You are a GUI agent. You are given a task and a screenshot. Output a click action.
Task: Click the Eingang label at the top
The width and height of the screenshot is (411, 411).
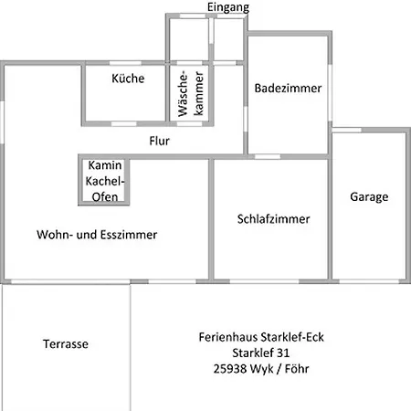[x=228, y=7]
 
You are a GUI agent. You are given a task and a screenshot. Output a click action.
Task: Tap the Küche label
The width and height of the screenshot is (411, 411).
[x=128, y=79]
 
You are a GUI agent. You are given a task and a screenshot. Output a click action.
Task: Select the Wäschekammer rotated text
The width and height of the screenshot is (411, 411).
[x=191, y=93]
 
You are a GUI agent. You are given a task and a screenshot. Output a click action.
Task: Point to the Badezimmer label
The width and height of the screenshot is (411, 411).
[x=288, y=89]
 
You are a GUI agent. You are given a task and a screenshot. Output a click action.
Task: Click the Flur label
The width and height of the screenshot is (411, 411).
[x=159, y=141]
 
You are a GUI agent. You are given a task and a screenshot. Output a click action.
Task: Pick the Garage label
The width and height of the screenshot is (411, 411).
[x=369, y=197]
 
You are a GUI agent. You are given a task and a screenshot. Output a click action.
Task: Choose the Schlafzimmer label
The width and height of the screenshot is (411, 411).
[x=273, y=219]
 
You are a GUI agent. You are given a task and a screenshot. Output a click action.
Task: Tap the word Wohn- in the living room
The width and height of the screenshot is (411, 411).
[x=55, y=235]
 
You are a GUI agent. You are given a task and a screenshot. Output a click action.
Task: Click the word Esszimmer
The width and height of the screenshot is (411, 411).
[x=129, y=235]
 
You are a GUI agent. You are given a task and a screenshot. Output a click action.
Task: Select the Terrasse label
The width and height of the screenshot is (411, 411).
[x=66, y=344]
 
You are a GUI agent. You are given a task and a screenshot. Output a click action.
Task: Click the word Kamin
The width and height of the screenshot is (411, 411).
[x=105, y=165]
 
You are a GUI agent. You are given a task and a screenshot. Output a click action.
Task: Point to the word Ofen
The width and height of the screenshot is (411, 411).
[x=105, y=197]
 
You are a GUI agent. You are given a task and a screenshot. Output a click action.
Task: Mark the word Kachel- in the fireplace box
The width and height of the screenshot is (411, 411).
[x=105, y=181]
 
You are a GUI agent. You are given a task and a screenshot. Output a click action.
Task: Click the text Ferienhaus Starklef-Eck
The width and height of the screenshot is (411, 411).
[x=261, y=337]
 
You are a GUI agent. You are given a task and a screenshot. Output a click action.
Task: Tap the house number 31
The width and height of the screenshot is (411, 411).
[x=283, y=353]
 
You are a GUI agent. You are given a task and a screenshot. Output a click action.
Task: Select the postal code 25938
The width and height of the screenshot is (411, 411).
[x=230, y=369]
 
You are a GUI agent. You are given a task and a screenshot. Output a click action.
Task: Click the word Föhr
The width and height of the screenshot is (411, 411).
[x=297, y=369]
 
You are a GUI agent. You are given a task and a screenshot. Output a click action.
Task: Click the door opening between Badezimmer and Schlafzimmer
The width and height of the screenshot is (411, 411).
[x=268, y=157]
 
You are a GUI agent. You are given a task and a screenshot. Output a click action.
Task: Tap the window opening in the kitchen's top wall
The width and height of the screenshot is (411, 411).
[x=125, y=63]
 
